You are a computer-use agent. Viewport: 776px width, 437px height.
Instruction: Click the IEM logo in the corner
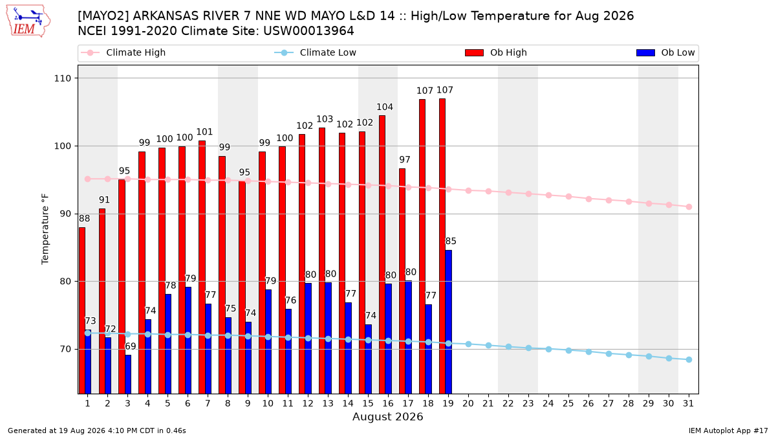click(28, 21)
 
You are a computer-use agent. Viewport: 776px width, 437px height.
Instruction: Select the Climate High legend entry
click(123, 52)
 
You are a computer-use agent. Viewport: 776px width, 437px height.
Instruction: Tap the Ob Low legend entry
click(665, 52)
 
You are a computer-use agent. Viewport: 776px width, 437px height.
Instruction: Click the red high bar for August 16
click(382, 254)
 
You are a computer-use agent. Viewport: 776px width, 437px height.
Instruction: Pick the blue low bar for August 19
click(448, 322)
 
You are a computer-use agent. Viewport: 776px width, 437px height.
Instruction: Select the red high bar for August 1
click(82, 310)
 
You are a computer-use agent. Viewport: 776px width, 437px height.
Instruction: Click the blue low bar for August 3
click(128, 374)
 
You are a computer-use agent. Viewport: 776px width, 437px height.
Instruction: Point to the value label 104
click(385, 107)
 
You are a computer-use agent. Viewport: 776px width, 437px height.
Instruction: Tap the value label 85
click(451, 241)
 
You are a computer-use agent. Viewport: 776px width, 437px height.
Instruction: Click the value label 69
click(130, 346)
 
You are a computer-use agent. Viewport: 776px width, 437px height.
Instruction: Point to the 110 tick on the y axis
click(62, 78)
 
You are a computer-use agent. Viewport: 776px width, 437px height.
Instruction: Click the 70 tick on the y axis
click(65, 349)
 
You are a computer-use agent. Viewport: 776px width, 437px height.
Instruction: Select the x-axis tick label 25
click(568, 403)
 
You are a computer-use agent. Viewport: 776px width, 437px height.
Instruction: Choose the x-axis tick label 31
click(688, 403)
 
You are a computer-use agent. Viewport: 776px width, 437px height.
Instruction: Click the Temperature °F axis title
click(45, 229)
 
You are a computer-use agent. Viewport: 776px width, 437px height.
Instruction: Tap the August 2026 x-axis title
click(387, 416)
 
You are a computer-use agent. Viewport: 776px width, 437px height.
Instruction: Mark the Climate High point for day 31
click(689, 207)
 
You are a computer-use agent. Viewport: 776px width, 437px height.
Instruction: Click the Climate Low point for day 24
click(548, 349)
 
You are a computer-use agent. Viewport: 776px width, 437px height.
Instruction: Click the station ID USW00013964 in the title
click(308, 31)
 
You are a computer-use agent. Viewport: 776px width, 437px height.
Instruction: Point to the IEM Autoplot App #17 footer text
click(728, 431)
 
